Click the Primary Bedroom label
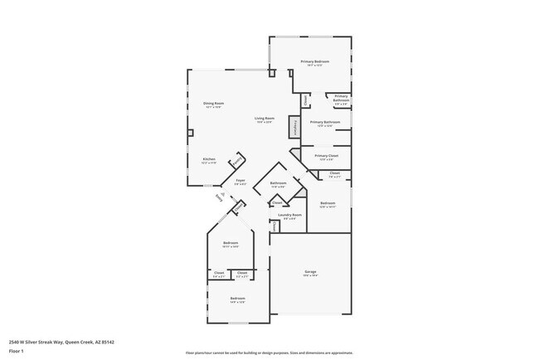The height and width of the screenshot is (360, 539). point(314,62)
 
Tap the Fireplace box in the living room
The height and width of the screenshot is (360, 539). point(294,127)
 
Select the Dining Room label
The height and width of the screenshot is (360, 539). point(214,104)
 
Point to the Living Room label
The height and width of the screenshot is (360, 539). point(265,119)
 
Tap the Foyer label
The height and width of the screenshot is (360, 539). point(240,181)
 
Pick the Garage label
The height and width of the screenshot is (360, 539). point(310,273)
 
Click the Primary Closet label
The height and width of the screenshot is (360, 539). point(326,156)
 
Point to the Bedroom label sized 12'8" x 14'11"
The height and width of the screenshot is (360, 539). point(328,204)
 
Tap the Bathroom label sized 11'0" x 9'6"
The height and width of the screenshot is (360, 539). point(279,183)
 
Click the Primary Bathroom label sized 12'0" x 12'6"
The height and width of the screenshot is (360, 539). point(326,123)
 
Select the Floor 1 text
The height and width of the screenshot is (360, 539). point(17,351)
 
